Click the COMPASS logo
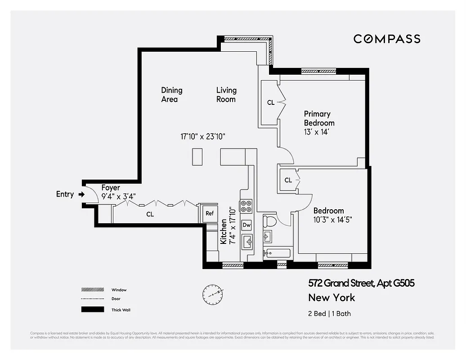tap(387, 39)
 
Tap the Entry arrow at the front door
tap(81, 194)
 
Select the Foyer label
tap(111, 188)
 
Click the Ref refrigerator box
tap(210, 213)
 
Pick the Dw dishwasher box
tap(246, 225)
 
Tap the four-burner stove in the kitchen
tap(246, 206)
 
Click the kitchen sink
tap(247, 242)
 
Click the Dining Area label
tap(171, 94)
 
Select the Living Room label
tap(226, 94)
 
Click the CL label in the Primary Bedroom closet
tap(271, 103)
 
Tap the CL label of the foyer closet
tap(150, 215)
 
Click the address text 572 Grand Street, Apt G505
tap(361, 283)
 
